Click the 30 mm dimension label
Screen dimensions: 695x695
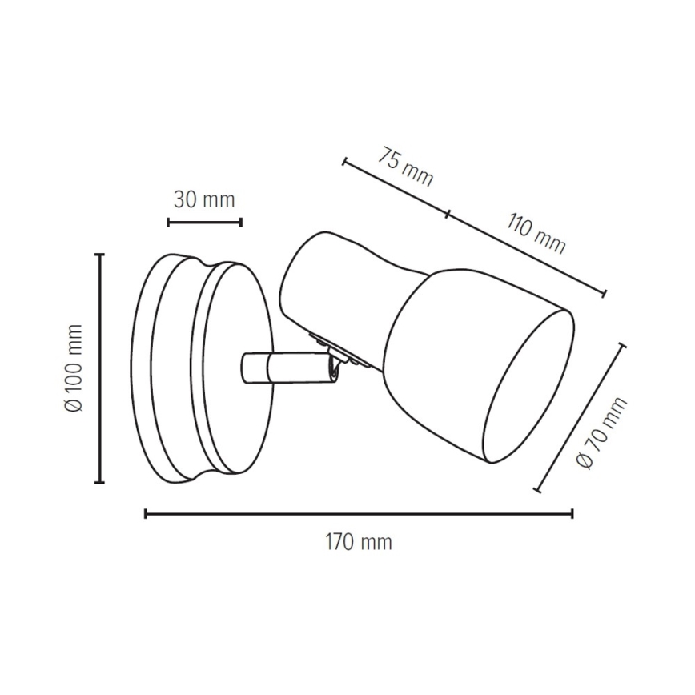[205, 200]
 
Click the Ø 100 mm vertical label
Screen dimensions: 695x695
[74, 368]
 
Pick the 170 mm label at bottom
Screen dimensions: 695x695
[359, 542]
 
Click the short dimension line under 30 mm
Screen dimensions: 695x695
[205, 222]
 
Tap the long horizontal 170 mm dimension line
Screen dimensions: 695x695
[359, 513]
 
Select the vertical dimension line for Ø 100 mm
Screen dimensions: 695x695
[100, 368]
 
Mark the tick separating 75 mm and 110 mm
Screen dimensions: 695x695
[447, 214]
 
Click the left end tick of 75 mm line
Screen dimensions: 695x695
[344, 163]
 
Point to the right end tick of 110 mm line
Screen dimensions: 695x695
[604, 293]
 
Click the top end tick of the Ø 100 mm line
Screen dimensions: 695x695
[100, 255]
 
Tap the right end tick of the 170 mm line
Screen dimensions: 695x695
[572, 513]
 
